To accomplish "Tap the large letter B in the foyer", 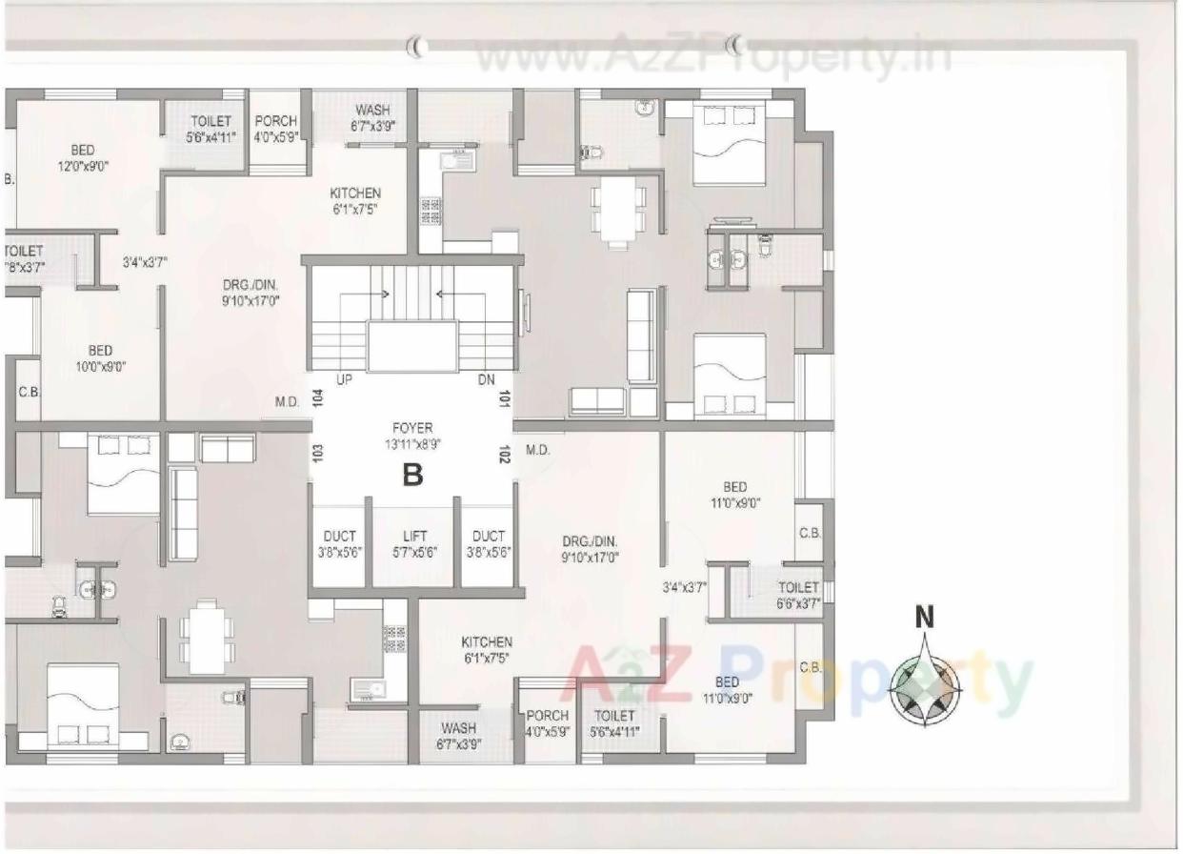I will pos(412,474).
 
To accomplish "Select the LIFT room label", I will pos(414,544).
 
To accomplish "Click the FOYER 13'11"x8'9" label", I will pos(412,436).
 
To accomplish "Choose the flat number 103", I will pos(317,454).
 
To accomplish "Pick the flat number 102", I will pos(503,454).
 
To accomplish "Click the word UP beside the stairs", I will pos(344,379).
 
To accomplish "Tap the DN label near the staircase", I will pos(487,379).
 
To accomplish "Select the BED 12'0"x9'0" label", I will pos(83,157).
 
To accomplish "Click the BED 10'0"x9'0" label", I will pos(101,358).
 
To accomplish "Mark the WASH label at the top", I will pos(371,118).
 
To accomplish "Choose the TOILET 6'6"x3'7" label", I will pos(798,596).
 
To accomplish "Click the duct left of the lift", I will pos(340,544).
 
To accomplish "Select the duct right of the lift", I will pos(489,544).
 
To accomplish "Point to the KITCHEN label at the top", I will pos(355,200).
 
